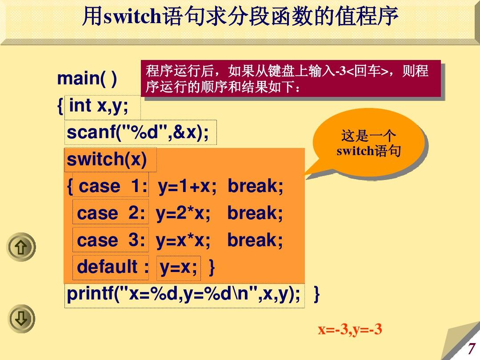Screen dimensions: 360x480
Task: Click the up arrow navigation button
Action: pyautogui.click(x=21, y=247)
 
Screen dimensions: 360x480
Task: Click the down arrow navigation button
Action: pyautogui.click(x=21, y=318)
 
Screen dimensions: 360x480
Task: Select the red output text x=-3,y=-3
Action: pyautogui.click(x=350, y=330)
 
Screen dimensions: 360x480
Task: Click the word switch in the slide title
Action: pyautogui.click(x=132, y=17)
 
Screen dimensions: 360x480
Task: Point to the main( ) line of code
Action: pyautogui.click(x=87, y=80)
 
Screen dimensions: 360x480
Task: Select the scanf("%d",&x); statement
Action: pyautogui.click(x=138, y=132)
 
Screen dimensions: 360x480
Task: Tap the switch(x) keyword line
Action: pyautogui.click(x=107, y=160)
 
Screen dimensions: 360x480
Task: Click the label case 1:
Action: pyautogui.click(x=113, y=187)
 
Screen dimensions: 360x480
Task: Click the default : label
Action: pyautogui.click(x=113, y=268)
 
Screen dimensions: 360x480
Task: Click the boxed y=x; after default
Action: pyautogui.click(x=179, y=268)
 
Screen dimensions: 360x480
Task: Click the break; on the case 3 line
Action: pyautogui.click(x=255, y=240)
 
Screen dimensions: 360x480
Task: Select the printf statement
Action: pyautogui.click(x=183, y=295)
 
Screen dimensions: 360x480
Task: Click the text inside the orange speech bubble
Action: pyautogui.click(x=368, y=143)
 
